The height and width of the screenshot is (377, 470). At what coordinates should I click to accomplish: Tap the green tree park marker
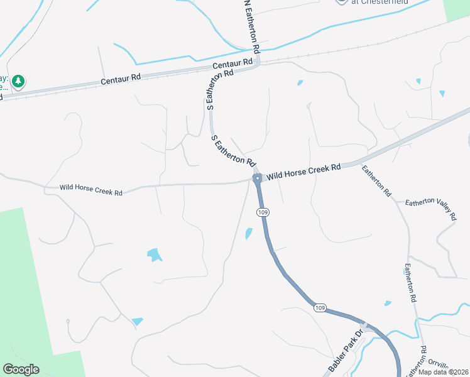[x=18, y=81]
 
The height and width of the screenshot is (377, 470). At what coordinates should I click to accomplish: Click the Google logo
[x=21, y=369]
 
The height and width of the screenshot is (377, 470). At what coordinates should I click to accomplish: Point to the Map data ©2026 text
[x=444, y=372]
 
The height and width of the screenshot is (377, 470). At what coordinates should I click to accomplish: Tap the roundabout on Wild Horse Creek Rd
[x=257, y=179]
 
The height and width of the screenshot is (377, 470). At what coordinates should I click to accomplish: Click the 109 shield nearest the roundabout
[x=263, y=213]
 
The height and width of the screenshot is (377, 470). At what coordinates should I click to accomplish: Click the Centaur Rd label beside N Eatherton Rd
[x=232, y=64]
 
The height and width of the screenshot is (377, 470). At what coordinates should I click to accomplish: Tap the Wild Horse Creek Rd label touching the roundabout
[x=303, y=172]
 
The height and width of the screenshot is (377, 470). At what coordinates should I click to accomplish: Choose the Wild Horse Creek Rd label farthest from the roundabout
[x=90, y=189]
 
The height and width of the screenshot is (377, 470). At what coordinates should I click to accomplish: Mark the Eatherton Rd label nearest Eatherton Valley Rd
[x=377, y=181]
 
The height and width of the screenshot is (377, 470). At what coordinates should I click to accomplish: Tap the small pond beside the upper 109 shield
[x=249, y=234]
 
